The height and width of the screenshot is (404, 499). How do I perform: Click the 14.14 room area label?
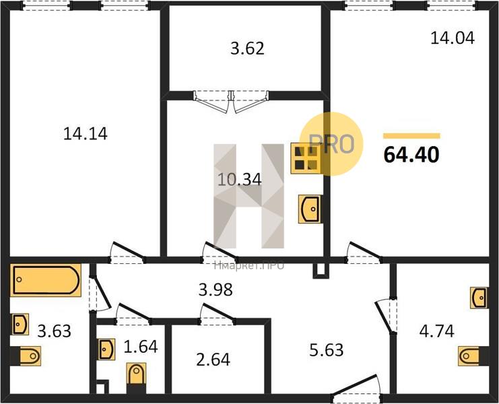coord(86,133)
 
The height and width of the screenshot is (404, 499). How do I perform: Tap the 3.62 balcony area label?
coord(247,49)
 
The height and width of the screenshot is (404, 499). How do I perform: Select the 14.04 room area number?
coord(453,38)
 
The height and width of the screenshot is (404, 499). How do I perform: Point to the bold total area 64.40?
coord(411,155)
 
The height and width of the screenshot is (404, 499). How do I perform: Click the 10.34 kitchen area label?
coord(240,179)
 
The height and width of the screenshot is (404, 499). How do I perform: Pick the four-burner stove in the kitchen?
coord(306,158)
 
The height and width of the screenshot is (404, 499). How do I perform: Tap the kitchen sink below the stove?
coord(310,209)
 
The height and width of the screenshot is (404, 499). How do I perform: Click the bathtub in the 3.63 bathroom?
coord(46,280)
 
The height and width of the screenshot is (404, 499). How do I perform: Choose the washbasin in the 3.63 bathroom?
coord(20,324)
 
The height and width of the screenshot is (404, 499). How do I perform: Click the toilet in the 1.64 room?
coord(137,378)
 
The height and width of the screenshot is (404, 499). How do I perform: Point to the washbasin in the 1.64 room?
coord(106,349)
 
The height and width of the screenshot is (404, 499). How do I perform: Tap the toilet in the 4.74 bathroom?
coord(473,356)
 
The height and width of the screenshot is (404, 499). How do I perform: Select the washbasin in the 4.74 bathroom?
coord(479,298)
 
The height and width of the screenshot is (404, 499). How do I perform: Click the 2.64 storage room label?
coord(213,360)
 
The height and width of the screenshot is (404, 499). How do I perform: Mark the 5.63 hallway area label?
coord(326,350)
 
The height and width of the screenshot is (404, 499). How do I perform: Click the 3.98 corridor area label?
coord(215,290)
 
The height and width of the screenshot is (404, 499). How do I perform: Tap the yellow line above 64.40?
coord(411,136)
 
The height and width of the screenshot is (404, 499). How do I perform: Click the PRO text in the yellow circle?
coord(331,144)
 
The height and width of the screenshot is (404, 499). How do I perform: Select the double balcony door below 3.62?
coord(232,102)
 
